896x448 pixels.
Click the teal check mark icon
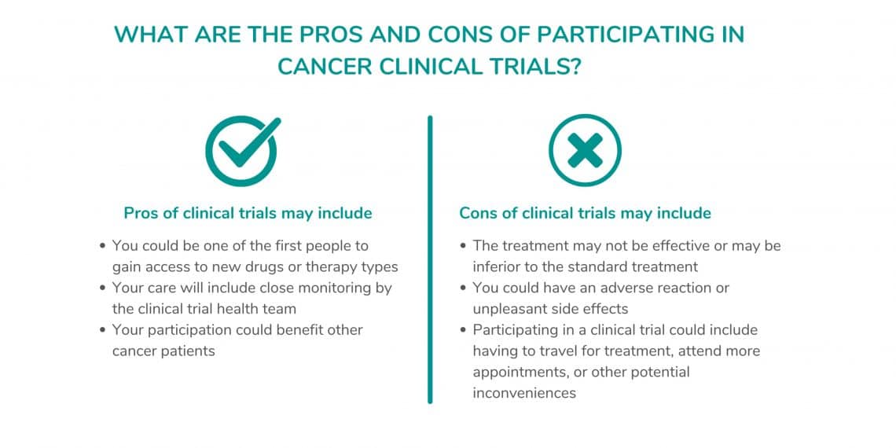pyautogui.click(x=243, y=150)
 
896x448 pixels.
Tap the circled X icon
pyautogui.click(x=585, y=150)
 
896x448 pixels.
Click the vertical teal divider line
pyautogui.click(x=430, y=259)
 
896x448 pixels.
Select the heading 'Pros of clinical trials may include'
pyautogui.click(x=248, y=213)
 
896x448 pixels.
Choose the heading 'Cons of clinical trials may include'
pyautogui.click(x=585, y=213)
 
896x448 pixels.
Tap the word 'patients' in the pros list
pyautogui.click(x=189, y=351)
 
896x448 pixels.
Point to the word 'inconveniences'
pyautogui.click(x=524, y=393)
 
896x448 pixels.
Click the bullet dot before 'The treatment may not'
pyautogui.click(x=463, y=246)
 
